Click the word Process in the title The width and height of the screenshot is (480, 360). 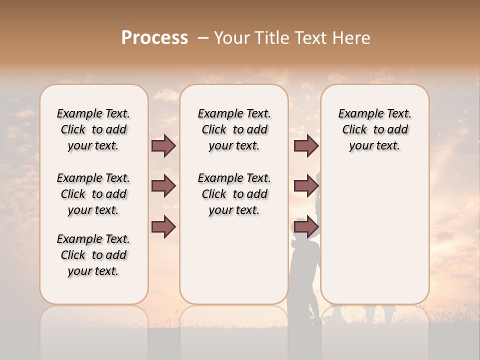pyautogui.click(x=154, y=37)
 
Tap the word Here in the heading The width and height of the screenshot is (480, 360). pyautogui.click(x=352, y=37)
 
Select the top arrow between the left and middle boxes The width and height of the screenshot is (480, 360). pyautogui.click(x=163, y=146)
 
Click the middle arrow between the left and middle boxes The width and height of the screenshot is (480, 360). pyautogui.click(x=163, y=186)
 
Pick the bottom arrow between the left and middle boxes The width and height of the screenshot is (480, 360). pyautogui.click(x=163, y=227)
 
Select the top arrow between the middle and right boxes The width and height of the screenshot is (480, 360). pyautogui.click(x=305, y=146)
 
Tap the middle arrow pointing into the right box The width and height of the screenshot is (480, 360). pyautogui.click(x=305, y=186)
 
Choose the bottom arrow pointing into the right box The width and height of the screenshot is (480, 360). pyautogui.click(x=305, y=227)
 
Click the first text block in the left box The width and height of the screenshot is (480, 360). pyautogui.click(x=93, y=129)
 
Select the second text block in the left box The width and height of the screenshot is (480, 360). pyautogui.click(x=93, y=194)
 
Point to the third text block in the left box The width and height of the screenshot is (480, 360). pyautogui.click(x=93, y=255)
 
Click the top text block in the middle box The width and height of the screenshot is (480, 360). pyautogui.click(x=234, y=129)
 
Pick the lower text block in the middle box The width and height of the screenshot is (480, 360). pyautogui.click(x=234, y=194)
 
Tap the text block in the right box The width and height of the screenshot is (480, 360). pyautogui.click(x=374, y=129)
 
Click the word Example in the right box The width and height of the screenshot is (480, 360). pyautogui.click(x=358, y=114)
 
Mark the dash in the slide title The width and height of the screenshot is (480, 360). pyautogui.click(x=203, y=37)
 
